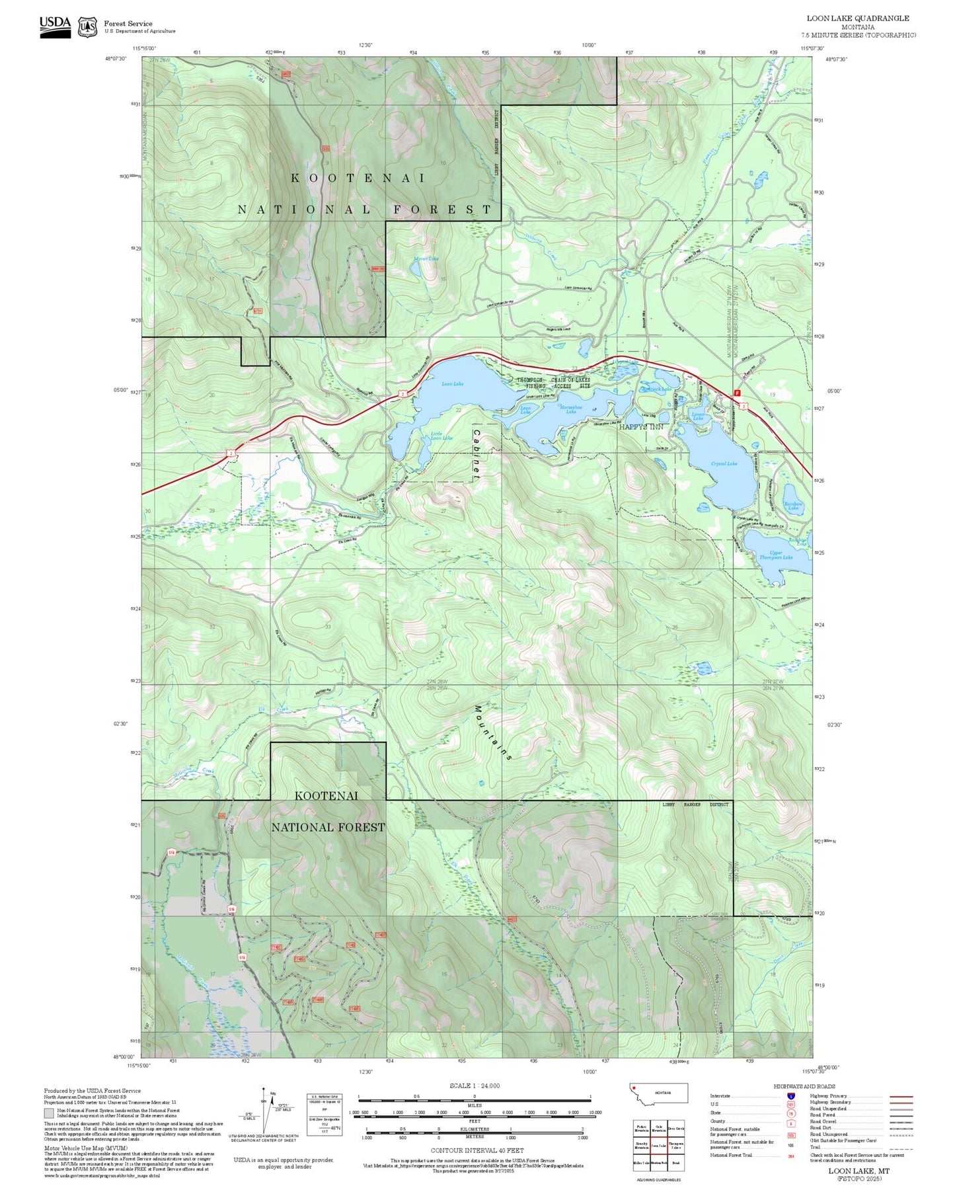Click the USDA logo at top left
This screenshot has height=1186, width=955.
(x=55, y=26)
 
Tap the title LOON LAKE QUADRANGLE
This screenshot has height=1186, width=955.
(x=857, y=19)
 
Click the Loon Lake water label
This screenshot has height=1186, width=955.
(x=453, y=384)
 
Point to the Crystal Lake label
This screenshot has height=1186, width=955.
(x=724, y=464)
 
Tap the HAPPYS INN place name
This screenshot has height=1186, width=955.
(x=641, y=427)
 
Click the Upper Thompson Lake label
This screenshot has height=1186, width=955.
(x=776, y=555)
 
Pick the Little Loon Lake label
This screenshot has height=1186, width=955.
(x=441, y=436)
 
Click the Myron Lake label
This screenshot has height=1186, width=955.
(x=426, y=258)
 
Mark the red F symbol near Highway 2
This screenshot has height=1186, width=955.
(x=738, y=393)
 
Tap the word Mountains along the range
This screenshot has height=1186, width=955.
(x=493, y=732)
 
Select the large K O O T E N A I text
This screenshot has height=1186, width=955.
(x=359, y=178)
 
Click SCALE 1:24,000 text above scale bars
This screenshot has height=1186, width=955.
(x=475, y=1086)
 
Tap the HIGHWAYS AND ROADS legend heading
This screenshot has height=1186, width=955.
(x=804, y=1086)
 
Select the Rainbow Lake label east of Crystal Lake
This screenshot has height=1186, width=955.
(x=793, y=506)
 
